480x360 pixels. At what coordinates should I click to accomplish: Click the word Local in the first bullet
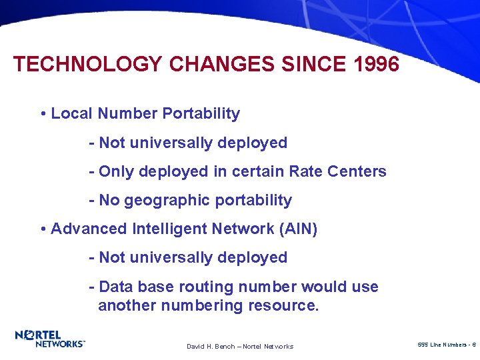[x=72, y=113]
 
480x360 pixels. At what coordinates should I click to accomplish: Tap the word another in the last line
[x=126, y=306]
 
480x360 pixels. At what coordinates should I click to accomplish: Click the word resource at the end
[x=283, y=306]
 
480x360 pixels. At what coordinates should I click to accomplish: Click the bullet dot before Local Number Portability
[x=43, y=114]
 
